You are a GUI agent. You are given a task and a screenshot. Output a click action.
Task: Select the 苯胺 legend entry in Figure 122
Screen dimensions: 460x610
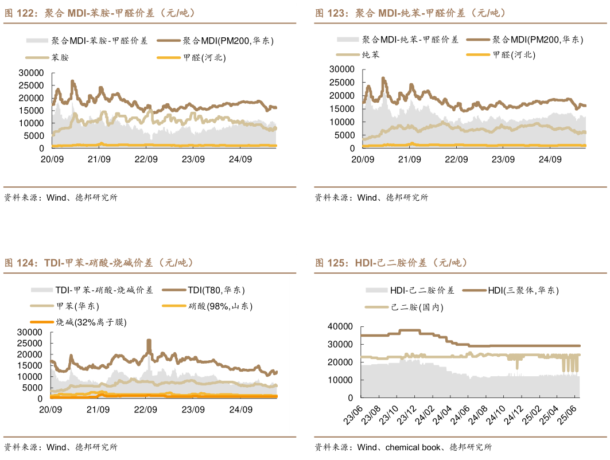tap(60, 57)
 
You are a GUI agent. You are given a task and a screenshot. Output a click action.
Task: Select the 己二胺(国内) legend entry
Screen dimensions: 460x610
tap(417, 307)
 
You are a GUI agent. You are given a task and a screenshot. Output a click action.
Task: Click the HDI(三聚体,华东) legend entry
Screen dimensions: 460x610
tap(523, 291)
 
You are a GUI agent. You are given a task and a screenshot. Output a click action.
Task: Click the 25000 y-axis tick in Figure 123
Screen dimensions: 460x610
tap(341, 82)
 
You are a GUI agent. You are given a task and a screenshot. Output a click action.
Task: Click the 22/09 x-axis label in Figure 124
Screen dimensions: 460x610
tap(145, 410)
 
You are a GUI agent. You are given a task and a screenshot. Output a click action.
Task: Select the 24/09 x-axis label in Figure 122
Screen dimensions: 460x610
tap(240, 159)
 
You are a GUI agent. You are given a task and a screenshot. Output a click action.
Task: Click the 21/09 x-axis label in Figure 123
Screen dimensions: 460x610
tap(409, 159)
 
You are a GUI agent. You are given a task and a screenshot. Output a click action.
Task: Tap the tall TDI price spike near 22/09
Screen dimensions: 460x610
tap(149, 345)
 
